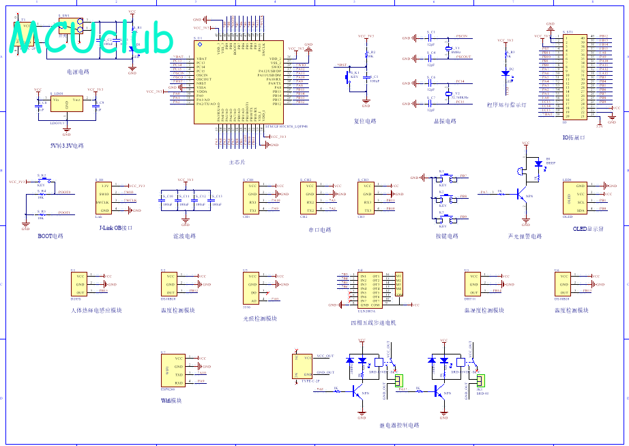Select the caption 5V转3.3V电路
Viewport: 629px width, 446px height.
coord(67,146)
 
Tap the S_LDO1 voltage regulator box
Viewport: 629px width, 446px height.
coord(67,104)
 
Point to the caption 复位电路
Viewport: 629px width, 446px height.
coord(365,122)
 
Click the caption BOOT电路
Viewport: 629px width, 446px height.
coord(50,236)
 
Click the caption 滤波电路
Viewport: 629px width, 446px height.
coord(184,236)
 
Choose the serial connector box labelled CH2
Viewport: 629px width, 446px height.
coord(310,198)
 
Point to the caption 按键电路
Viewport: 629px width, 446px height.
coord(447,236)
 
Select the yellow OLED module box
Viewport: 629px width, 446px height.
coord(573,198)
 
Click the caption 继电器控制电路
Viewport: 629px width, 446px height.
coord(399,425)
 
